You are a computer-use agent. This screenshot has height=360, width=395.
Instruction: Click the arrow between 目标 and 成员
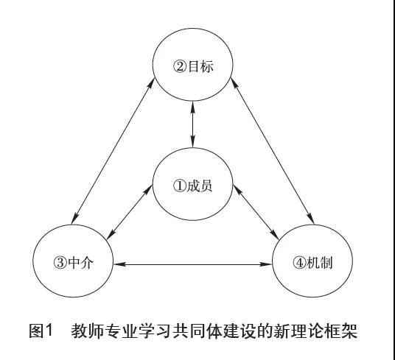[193, 124]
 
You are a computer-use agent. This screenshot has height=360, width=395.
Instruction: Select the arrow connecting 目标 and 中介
[113, 151]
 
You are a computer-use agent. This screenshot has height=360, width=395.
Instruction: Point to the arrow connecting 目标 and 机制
[273, 151]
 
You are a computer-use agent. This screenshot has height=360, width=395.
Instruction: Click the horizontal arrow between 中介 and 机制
[193, 264]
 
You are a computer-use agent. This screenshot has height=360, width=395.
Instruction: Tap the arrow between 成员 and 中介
[130, 212]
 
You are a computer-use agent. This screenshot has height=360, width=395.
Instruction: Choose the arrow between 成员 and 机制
[256, 212]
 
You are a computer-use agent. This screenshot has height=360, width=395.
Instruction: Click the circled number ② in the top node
[179, 67]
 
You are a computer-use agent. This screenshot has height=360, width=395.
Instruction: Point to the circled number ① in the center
[179, 186]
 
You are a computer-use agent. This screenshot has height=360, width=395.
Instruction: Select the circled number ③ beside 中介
[60, 263]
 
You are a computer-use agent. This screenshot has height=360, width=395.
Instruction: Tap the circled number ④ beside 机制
[299, 263]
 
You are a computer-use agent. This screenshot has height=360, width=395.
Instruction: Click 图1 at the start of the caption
[41, 331]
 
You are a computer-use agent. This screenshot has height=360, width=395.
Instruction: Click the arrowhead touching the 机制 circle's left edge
[267, 264]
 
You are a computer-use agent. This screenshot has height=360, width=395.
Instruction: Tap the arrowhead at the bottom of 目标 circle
[193, 107]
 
